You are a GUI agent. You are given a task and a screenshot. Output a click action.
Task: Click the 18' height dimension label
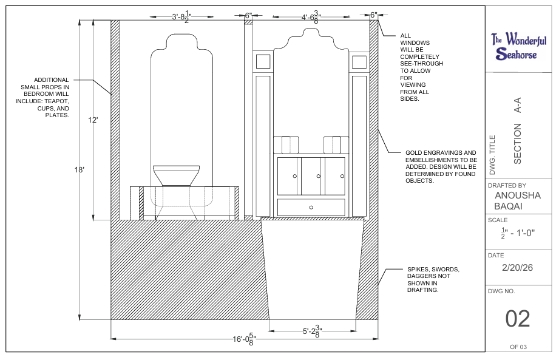(79, 169)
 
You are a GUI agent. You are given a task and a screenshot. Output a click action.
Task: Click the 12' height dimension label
(93, 120)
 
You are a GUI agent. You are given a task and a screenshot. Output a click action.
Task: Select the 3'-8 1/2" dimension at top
(182, 16)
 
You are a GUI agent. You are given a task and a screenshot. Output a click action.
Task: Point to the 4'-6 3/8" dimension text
(311, 17)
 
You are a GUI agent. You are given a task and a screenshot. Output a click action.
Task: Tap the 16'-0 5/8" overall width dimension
(245, 339)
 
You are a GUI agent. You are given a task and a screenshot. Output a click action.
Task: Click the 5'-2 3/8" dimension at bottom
(313, 331)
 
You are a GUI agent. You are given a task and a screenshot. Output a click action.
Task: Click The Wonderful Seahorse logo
(518, 46)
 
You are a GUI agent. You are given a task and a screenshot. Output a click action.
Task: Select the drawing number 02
(518, 318)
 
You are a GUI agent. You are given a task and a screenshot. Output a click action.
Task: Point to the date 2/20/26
(517, 268)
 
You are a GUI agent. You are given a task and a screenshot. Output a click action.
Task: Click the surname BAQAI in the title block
(509, 206)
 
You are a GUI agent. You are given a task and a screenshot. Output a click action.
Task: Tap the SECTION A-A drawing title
(517, 131)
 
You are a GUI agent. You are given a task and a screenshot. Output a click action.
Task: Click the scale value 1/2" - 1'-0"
(518, 233)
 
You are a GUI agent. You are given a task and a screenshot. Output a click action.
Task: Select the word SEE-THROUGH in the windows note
(421, 64)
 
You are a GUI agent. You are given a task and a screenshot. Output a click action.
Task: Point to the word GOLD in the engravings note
(413, 152)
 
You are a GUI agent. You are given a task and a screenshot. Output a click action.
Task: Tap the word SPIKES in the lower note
(418, 269)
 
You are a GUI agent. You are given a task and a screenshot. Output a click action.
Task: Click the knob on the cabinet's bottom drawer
(311, 208)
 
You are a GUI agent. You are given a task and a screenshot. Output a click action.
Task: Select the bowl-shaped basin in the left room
(176, 175)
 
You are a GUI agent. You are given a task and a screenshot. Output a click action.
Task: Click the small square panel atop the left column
(263, 61)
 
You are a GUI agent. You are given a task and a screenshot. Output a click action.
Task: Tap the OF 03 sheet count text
(518, 347)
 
